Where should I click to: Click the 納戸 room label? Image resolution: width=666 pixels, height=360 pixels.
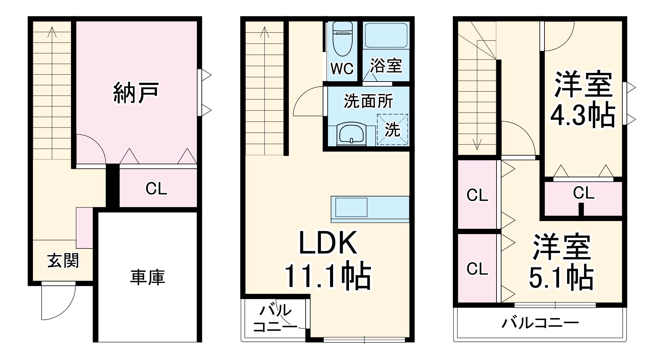pyautogui.click(x=136, y=93)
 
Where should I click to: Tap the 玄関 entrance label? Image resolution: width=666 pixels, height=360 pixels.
pyautogui.click(x=63, y=260)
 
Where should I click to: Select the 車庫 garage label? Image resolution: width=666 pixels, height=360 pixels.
pyautogui.click(x=148, y=277)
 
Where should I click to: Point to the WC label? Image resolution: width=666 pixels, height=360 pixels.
pyautogui.click(x=342, y=69)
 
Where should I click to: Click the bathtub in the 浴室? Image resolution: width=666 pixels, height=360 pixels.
pyautogui.click(x=386, y=35)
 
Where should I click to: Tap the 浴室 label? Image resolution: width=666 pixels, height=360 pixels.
pyautogui.click(x=386, y=65)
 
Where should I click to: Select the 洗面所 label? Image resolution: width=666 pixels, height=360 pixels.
pyautogui.click(x=368, y=101)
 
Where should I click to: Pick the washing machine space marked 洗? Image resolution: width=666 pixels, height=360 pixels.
pyautogui.click(x=392, y=130)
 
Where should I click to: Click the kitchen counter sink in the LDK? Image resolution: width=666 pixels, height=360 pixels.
pyautogui.click(x=351, y=207)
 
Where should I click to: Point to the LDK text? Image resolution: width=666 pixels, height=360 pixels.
pyautogui.click(x=328, y=243)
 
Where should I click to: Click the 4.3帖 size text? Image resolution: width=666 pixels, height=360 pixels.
pyautogui.click(x=582, y=115)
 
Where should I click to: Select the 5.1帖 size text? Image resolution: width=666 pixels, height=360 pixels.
pyautogui.click(x=561, y=277)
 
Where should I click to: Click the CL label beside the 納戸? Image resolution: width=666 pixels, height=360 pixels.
pyautogui.click(x=156, y=189)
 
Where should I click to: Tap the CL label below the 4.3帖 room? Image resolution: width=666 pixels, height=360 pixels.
pyautogui.click(x=583, y=193)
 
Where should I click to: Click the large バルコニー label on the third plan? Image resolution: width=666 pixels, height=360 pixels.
pyautogui.click(x=540, y=323)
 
